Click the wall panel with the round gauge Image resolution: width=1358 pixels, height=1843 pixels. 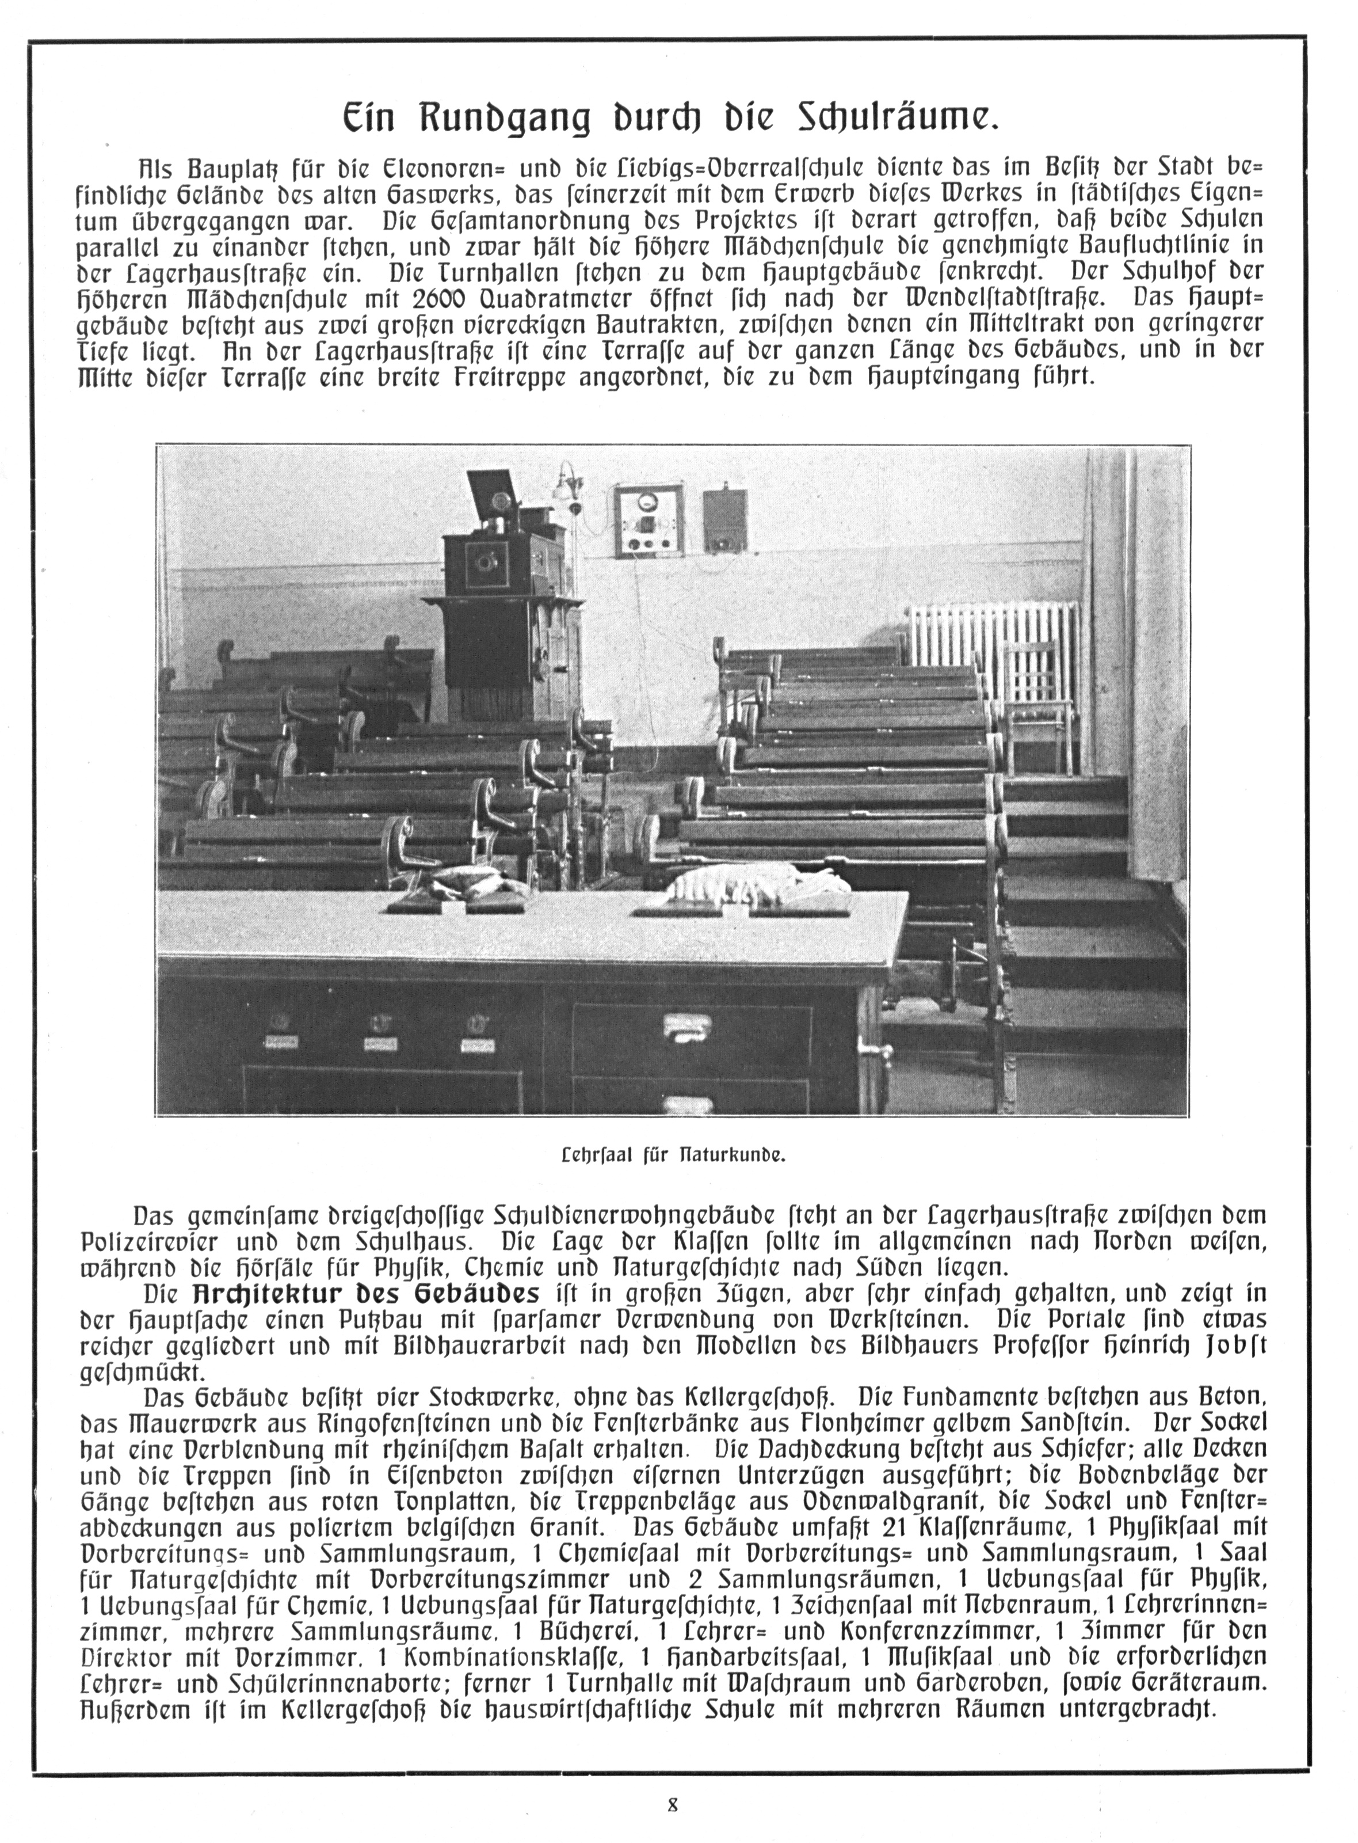(x=650, y=522)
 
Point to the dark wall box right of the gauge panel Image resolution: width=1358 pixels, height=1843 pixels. (x=725, y=520)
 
